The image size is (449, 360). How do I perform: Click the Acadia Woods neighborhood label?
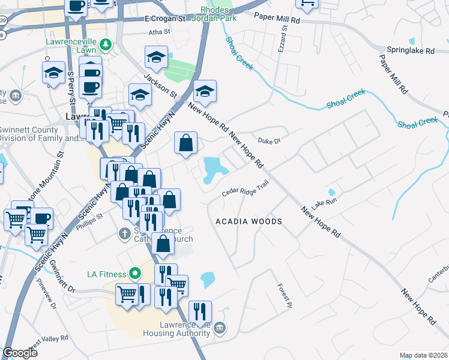[249, 221]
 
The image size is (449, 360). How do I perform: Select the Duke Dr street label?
[269, 141]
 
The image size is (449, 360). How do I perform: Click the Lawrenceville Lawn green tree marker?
[106, 44]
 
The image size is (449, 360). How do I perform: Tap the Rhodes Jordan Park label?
[214, 14]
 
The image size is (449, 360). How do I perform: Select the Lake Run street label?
[324, 202]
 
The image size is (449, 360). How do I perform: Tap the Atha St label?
[160, 32]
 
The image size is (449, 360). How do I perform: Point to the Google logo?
[20, 353]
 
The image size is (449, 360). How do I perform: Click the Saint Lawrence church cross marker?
[124, 233]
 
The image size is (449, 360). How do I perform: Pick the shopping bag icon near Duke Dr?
[186, 143]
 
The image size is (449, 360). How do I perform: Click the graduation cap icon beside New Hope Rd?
[205, 91]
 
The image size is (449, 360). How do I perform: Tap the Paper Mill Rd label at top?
[277, 20]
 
